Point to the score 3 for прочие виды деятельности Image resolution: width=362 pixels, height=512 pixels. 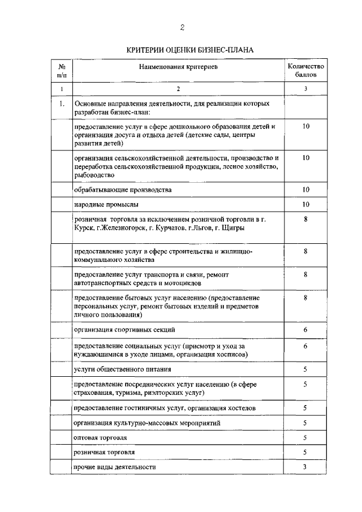(x=305, y=467)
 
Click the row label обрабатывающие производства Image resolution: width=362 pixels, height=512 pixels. (x=123, y=189)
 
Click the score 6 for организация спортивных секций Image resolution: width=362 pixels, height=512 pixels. (x=305, y=329)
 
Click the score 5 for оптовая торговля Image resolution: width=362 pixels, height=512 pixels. (x=305, y=437)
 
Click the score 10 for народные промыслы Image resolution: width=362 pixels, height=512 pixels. (x=305, y=204)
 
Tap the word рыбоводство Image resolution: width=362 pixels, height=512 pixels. (x=94, y=175)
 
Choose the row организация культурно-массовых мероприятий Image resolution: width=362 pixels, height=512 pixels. (x=147, y=423)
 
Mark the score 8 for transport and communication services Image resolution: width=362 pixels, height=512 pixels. (x=305, y=274)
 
